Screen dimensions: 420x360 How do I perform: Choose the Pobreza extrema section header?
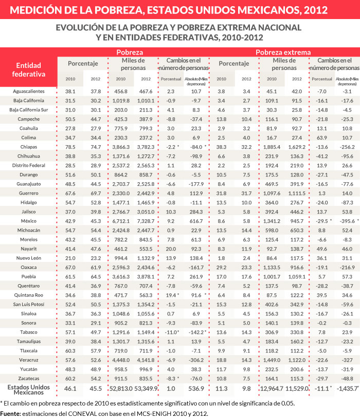point(283,52)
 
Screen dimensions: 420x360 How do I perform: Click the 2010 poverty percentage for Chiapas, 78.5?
point(70,146)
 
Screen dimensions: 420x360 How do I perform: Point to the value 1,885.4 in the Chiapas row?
point(272,146)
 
